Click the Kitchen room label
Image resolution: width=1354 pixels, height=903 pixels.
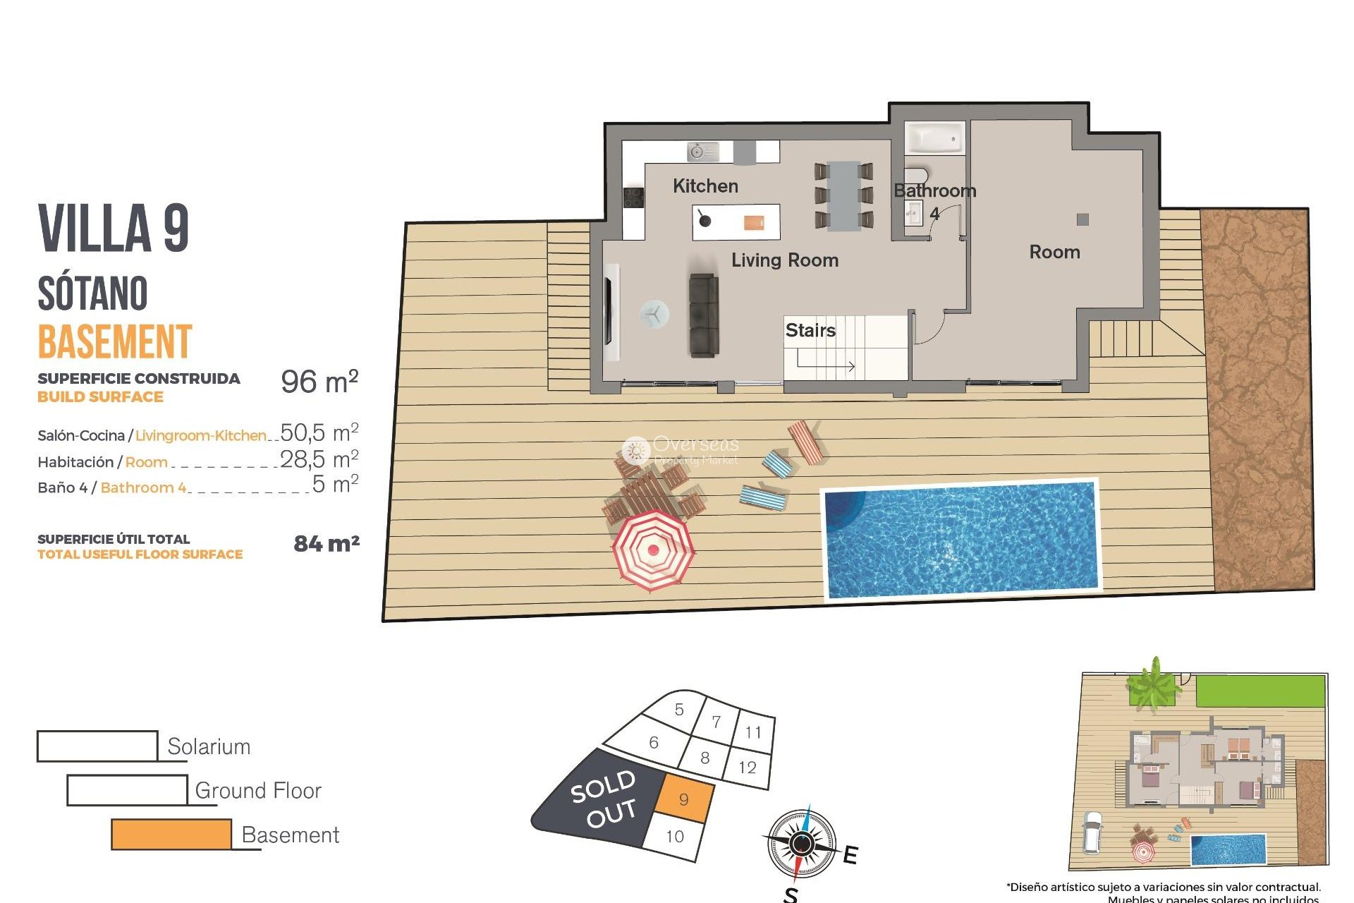pos(705,186)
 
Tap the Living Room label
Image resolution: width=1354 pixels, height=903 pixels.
pos(784,260)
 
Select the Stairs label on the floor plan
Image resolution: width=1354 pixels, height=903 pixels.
pos(810,330)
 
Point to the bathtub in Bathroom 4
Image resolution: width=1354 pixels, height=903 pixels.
pos(934,138)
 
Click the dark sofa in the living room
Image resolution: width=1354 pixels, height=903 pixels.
pos(703,315)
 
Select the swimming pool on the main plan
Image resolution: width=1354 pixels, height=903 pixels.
pos(961,539)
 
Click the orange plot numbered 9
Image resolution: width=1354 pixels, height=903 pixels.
pos(683,799)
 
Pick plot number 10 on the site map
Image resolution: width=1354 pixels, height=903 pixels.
pos(675,836)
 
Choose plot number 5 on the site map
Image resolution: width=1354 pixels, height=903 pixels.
pos(679,710)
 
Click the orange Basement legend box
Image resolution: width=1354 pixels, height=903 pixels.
pos(171,834)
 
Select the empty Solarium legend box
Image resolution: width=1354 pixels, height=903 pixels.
pos(97,746)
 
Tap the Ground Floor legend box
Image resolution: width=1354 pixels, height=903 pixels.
pos(127,790)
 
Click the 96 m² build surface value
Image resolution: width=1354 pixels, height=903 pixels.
pos(319,382)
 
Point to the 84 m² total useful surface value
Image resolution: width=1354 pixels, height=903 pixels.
pos(327,543)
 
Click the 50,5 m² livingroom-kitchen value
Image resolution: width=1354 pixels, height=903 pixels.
pos(319,432)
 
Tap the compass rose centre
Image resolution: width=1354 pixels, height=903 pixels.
pos(801,843)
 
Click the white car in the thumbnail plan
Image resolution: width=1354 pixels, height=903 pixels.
pos(1092,832)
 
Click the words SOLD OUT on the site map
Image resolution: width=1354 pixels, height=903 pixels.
pos(604,799)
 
